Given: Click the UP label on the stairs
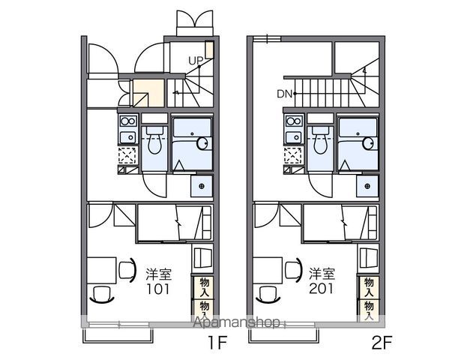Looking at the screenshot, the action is tap(196, 61).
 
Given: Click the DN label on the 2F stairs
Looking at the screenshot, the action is tap(285, 94).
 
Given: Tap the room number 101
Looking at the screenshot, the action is tap(158, 289).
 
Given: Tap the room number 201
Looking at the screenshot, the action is tap(322, 289).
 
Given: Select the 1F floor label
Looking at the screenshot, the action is tap(217, 342).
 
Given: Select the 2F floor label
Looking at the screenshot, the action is tap(382, 342).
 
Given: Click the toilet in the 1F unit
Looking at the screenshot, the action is tap(154, 139).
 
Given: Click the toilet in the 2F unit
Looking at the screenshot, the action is tap(320, 139).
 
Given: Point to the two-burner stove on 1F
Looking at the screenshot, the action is tap(128, 121).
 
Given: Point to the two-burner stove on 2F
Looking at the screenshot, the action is tap(294, 121).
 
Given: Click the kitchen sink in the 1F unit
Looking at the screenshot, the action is tap(128, 137).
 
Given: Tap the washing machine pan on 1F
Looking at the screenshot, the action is tap(202, 186).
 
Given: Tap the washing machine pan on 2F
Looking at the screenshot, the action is tap(367, 186).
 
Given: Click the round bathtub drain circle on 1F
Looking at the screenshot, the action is tap(202, 143).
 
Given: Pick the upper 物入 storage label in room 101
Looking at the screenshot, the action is tap(204, 286).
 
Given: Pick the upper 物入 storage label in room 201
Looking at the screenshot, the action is tap(369, 286).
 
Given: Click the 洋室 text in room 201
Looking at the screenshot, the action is tap(322, 274).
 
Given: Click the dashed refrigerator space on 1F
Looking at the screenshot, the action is tap(127, 156).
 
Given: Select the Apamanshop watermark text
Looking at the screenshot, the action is tap(236, 322).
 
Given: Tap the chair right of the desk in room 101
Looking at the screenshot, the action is tap(127, 270).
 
